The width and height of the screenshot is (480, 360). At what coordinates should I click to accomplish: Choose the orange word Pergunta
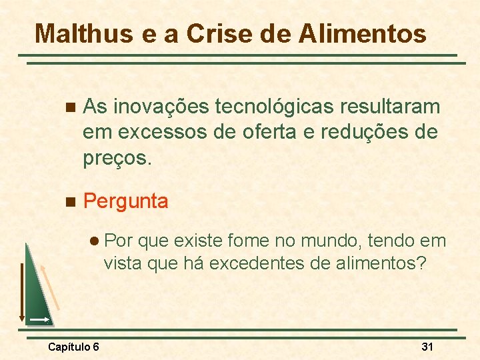126,201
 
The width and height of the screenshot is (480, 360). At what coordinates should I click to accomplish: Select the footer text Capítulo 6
74,347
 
